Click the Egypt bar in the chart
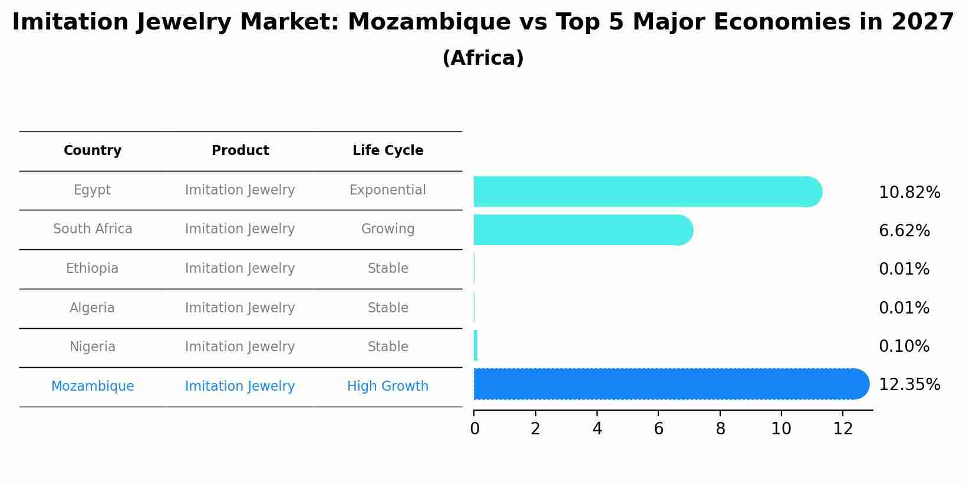[x=647, y=192]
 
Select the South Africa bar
[x=583, y=230]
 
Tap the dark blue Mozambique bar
[x=671, y=384]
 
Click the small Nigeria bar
[x=476, y=346]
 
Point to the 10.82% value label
[x=909, y=193]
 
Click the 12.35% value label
[x=909, y=385]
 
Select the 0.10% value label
[x=904, y=347]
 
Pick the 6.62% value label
[x=904, y=231]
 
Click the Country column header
[x=93, y=151]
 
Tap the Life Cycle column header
[x=388, y=151]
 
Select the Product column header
[x=240, y=151]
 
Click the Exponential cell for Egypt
[x=387, y=190]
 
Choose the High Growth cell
[x=387, y=387]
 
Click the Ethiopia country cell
[x=92, y=269]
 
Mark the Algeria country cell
[x=92, y=308]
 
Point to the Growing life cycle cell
[x=387, y=229]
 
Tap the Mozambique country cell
[x=93, y=387]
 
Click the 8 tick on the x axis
[x=720, y=429]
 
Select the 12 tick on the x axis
[x=843, y=429]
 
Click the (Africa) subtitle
[x=483, y=58]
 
